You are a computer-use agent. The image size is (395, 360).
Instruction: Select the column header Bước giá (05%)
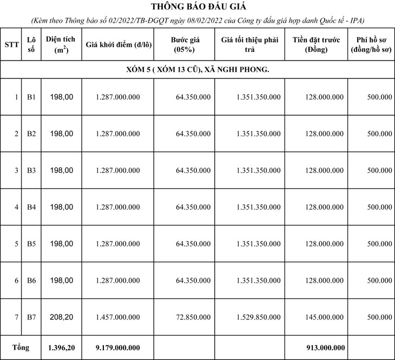184,45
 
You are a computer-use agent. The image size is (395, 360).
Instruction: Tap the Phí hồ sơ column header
371,45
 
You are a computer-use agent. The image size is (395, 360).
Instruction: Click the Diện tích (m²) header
60,45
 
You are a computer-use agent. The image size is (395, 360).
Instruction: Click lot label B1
31,97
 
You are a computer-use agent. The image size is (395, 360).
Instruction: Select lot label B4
31,207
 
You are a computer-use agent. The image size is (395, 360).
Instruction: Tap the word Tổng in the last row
21,347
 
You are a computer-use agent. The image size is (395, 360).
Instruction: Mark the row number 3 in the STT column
16,170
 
